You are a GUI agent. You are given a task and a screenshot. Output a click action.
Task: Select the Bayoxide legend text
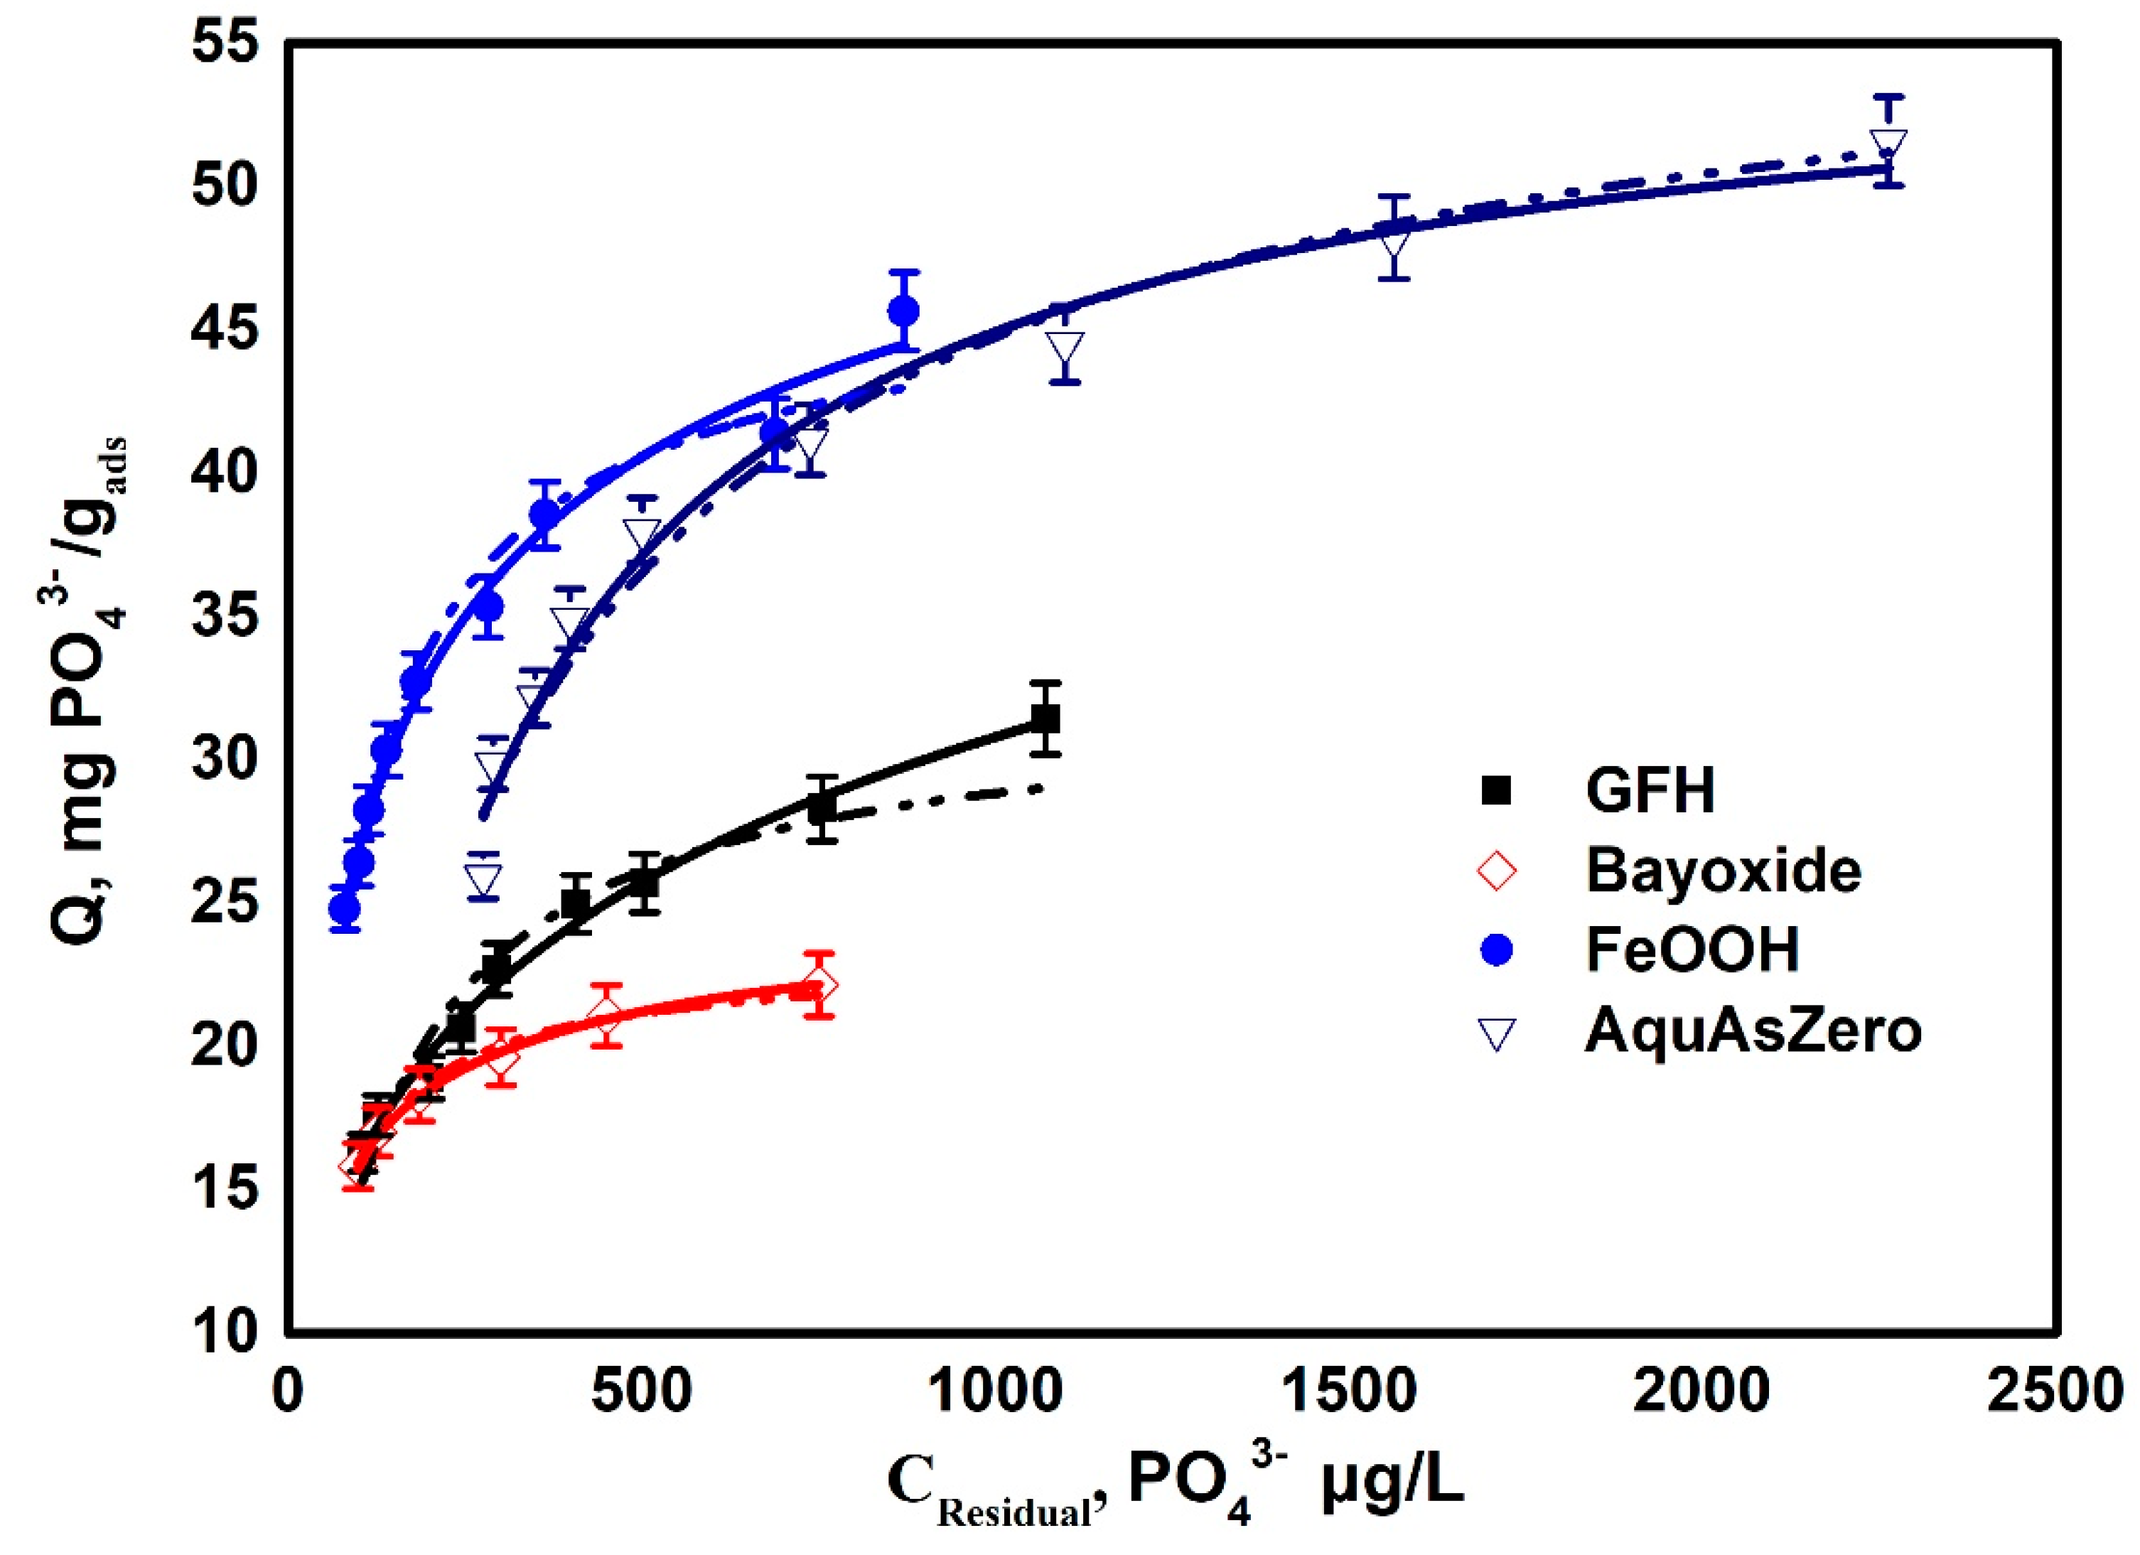(1723, 870)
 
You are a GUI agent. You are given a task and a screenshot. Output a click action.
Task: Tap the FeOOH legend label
(1692, 949)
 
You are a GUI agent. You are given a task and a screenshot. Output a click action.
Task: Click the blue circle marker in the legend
(1498, 950)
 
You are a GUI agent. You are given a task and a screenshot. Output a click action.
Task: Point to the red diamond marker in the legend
(1498, 870)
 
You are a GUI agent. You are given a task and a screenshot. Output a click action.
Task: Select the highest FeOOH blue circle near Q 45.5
(903, 311)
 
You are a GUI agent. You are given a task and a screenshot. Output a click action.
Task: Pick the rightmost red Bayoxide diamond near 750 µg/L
(821, 985)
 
